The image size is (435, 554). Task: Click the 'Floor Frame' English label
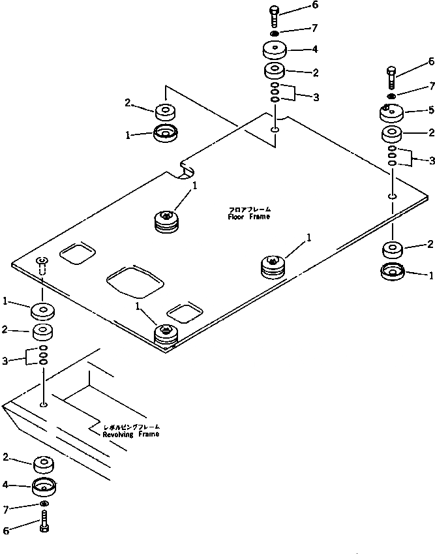pyautogui.click(x=248, y=217)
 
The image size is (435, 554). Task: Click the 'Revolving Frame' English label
pyautogui.click(x=130, y=434)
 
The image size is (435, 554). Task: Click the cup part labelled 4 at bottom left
pyautogui.click(x=44, y=486)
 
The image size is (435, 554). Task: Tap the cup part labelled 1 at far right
pyautogui.click(x=393, y=273)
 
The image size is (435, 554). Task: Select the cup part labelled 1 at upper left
pyautogui.click(x=166, y=134)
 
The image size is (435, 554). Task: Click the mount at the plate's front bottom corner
pyautogui.click(x=166, y=335)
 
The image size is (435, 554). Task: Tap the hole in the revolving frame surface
pyautogui.click(x=44, y=405)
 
